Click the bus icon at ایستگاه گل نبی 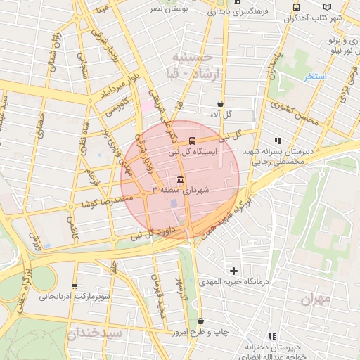coord(193,139)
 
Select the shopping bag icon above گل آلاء coord(221,103)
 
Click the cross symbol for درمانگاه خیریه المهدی coord(233,270)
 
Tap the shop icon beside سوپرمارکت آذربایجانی coord(75,286)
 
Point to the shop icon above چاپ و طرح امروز coord(200,321)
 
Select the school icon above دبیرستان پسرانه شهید coord(278,139)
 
